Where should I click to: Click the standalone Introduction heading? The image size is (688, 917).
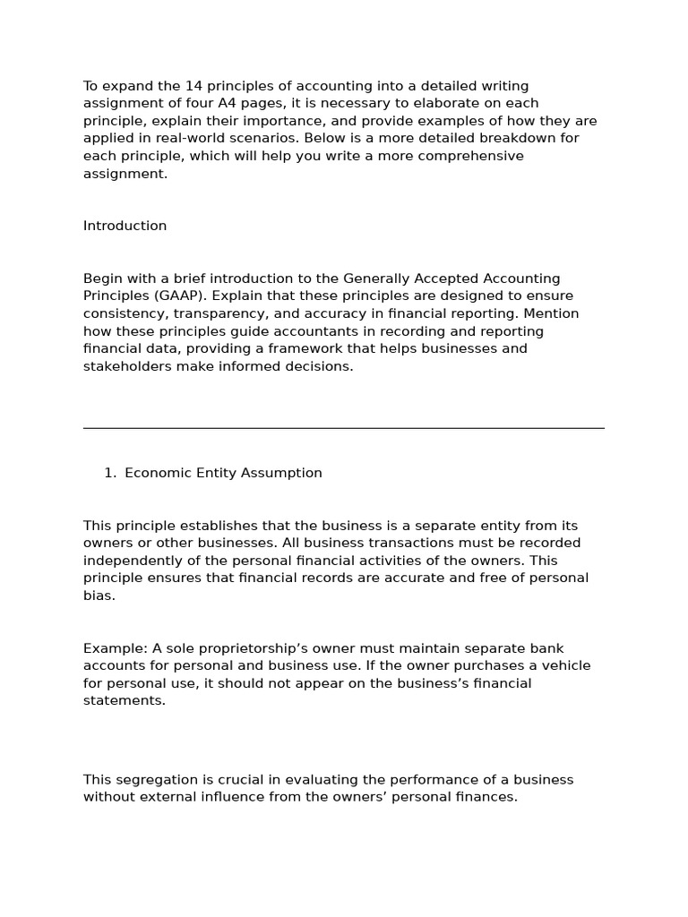125,226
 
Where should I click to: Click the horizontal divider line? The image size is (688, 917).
343,428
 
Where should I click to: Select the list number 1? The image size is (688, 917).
109,473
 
